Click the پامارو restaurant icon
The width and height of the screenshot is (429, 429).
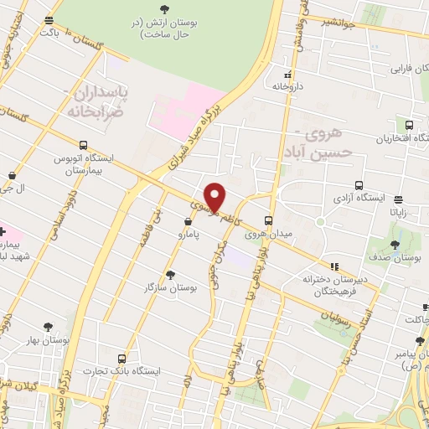tap(189, 224)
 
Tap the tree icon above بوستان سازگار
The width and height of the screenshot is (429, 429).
tap(170, 274)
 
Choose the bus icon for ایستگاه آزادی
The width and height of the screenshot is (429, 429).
tap(359, 185)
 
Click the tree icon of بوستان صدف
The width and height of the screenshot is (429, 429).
tap(395, 245)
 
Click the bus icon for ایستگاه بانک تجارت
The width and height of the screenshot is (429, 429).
tap(123, 359)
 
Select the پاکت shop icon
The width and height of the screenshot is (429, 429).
tap(50, 20)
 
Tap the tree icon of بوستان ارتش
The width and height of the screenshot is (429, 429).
tap(162, 8)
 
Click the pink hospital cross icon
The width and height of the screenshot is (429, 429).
tap(3, 230)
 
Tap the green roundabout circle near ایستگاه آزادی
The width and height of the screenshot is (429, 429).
tap(319, 222)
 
